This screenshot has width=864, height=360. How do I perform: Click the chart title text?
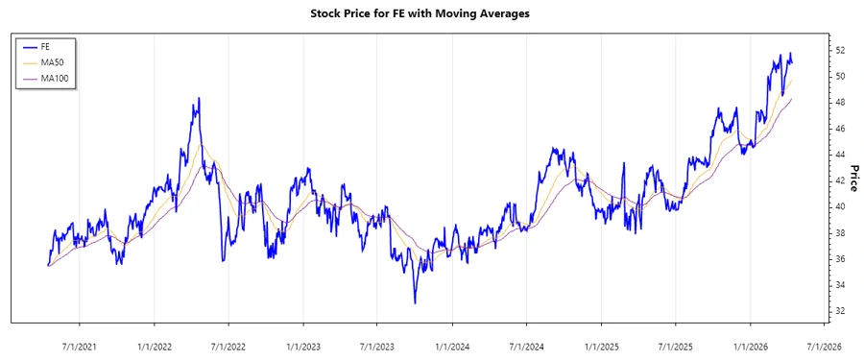pyautogui.click(x=433, y=13)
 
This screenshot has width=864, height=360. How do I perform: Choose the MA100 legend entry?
pyautogui.click(x=54, y=78)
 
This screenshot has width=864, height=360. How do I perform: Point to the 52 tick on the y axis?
pyautogui.click(x=840, y=50)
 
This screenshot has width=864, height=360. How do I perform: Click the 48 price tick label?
pyautogui.click(x=840, y=102)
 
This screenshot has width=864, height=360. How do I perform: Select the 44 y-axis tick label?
pyautogui.click(x=840, y=155)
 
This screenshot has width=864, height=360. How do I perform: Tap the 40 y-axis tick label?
pyautogui.click(x=840, y=206)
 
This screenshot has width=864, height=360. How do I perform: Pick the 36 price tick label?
pyautogui.click(x=840, y=259)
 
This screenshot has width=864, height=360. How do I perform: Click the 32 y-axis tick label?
pyautogui.click(x=840, y=311)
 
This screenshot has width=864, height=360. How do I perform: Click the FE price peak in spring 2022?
pyautogui.click(x=198, y=98)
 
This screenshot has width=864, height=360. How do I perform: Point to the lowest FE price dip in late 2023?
pyautogui.click(x=415, y=303)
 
